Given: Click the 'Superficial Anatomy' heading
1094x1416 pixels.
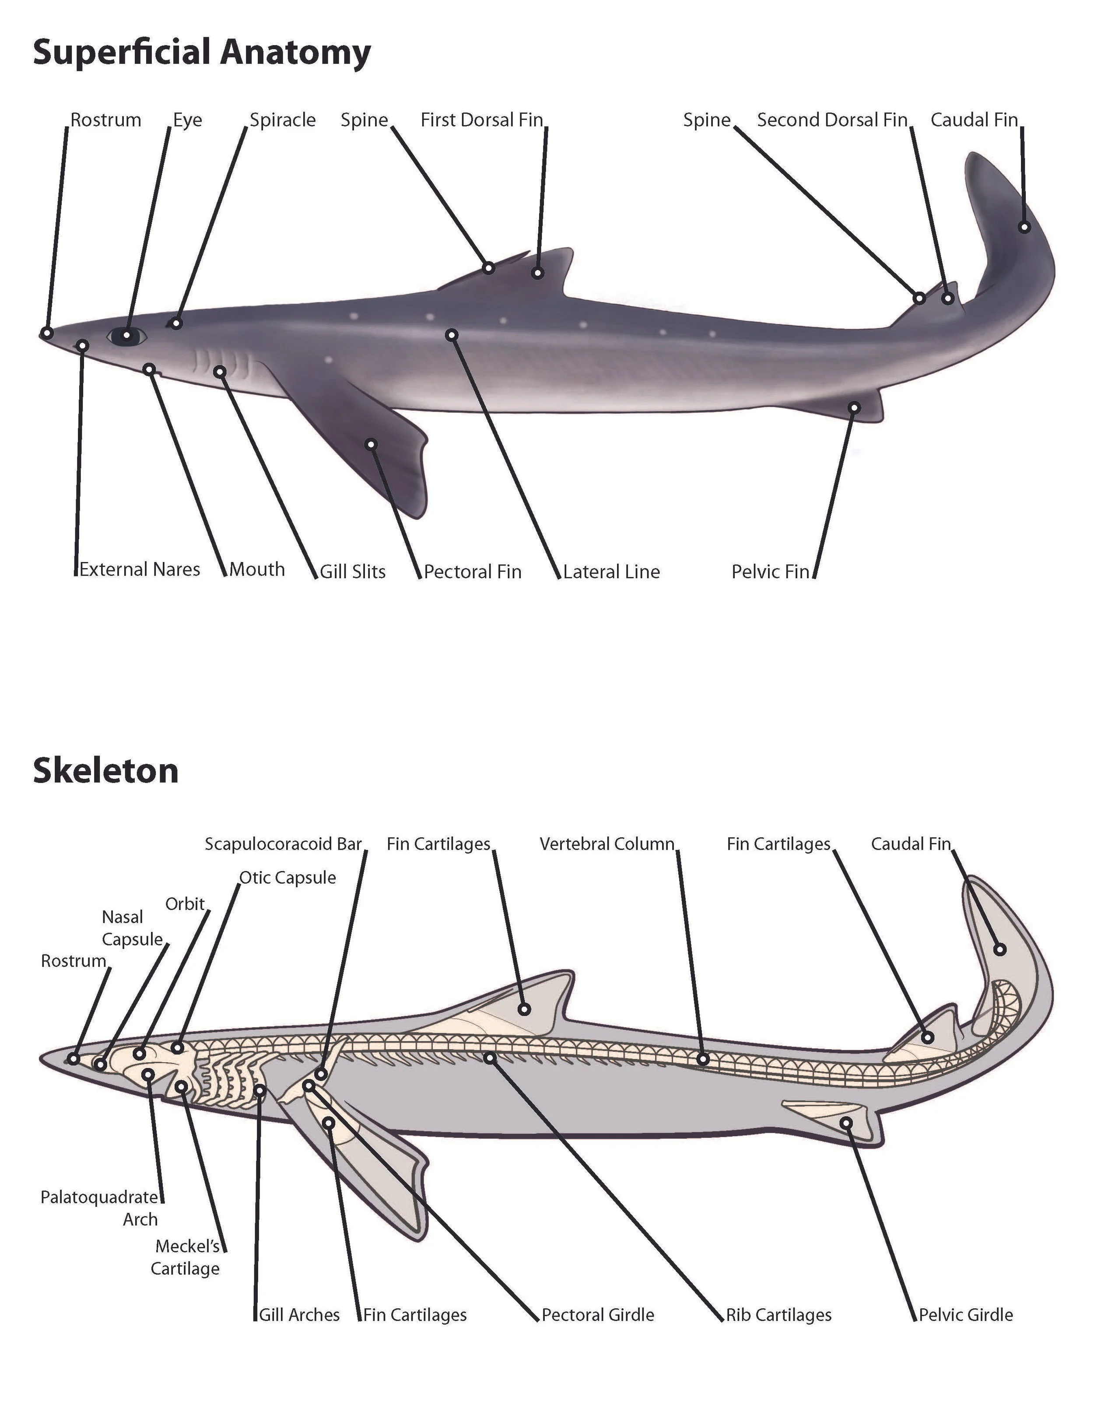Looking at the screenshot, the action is click(x=202, y=53).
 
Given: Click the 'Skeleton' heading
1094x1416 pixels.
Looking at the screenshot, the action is click(x=105, y=771).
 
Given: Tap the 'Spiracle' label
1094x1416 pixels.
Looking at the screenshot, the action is click(x=283, y=120).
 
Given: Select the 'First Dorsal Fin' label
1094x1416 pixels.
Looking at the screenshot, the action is click(x=481, y=120).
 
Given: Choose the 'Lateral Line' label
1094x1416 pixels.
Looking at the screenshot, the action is click(x=611, y=572).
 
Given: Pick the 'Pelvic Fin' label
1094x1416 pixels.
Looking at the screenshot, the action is click(x=770, y=572).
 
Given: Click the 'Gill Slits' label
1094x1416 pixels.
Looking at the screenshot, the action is click(x=353, y=572).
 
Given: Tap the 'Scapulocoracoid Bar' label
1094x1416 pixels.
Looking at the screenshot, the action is click(x=283, y=844).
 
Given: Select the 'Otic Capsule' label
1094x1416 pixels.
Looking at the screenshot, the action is click(x=288, y=878).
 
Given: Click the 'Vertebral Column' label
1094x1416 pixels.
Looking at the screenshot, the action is click(x=607, y=844).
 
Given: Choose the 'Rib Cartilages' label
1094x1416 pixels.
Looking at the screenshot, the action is click(x=778, y=1315).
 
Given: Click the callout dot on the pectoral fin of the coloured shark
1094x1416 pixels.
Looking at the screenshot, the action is click(x=371, y=444).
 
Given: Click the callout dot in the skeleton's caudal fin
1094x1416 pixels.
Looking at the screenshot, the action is click(x=1000, y=950).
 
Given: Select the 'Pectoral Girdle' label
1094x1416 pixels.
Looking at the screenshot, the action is click(x=598, y=1315).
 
